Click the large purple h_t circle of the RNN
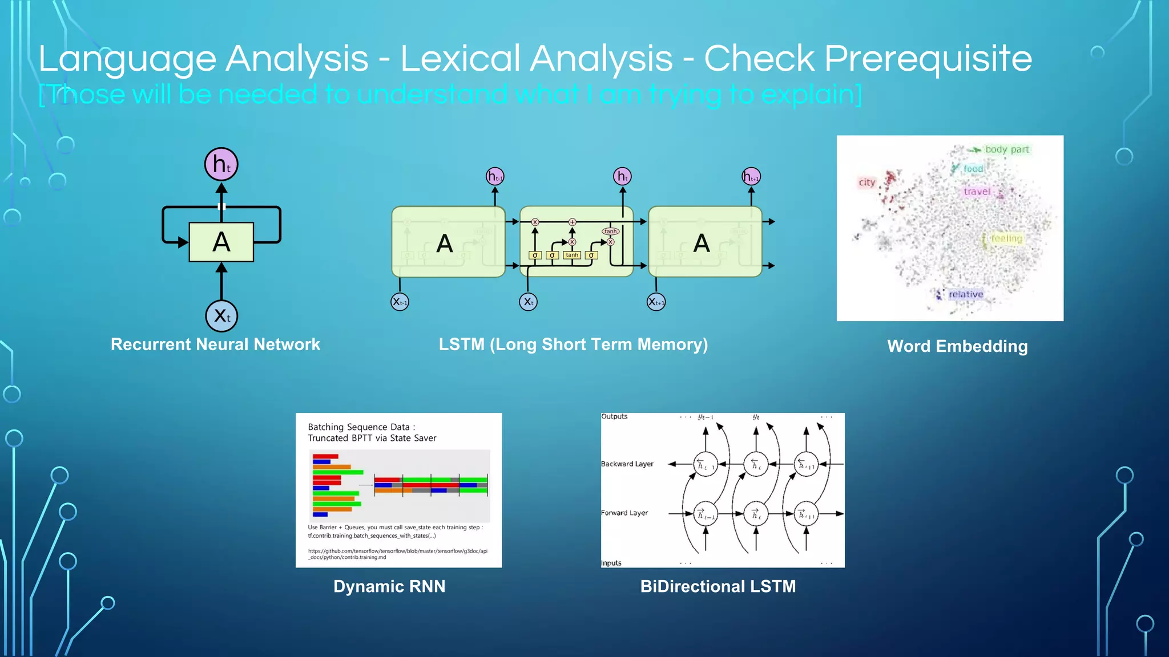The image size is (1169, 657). coord(221,164)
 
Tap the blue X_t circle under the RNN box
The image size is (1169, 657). coord(221,316)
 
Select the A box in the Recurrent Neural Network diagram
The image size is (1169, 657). coord(221,242)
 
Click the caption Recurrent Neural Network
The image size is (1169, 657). coord(215,344)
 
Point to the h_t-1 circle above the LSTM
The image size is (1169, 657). coord(495,177)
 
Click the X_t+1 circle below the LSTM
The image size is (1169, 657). coord(656,302)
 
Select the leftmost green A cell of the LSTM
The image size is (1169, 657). coord(448,242)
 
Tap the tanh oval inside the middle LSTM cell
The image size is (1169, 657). coord(610,231)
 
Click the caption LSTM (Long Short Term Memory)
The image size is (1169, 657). coord(573,344)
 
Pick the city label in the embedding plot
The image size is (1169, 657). coord(866,182)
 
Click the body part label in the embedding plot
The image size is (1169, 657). coord(1007,149)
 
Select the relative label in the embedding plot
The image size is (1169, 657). coord(966,294)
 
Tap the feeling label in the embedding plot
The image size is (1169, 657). coord(1006,238)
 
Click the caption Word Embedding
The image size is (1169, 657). coord(957,346)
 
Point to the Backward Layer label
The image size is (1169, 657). coord(627,464)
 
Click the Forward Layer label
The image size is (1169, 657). coord(624,513)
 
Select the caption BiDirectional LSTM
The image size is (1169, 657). coord(717,586)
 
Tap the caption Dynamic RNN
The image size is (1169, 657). coord(389,586)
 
